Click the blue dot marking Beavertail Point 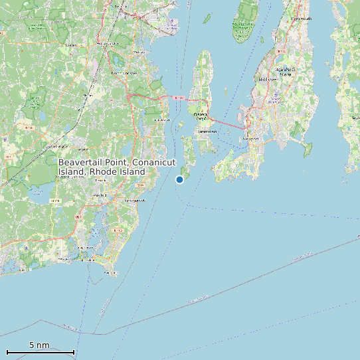179,179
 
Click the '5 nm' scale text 39,345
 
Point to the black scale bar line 40,352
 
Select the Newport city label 250,138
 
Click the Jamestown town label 207,132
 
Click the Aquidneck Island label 286,70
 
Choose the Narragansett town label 135,199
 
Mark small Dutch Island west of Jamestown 181,124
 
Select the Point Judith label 106,272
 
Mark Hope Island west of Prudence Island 207,18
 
